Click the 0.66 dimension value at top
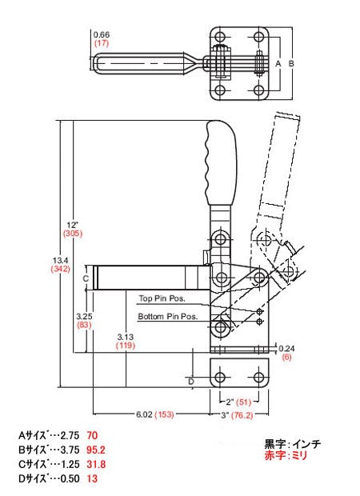pyautogui.click(x=102, y=34)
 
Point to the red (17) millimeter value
pyautogui.click(x=102, y=43)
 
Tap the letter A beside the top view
pyautogui.click(x=278, y=63)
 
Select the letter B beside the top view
pyautogui.click(x=291, y=63)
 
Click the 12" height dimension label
pyautogui.click(x=72, y=226)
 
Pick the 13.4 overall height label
pyautogui.click(x=61, y=261)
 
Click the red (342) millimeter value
pyautogui.click(x=60, y=269)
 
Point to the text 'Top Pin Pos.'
pyautogui.click(x=162, y=298)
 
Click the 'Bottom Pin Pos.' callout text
pyautogui.click(x=168, y=316)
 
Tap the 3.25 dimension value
pyautogui.click(x=84, y=316)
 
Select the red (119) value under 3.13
pyautogui.click(x=126, y=345)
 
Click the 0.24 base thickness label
pyautogui.click(x=286, y=349)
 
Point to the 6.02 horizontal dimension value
pyautogui.click(x=144, y=414)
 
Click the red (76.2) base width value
pyautogui.click(x=242, y=415)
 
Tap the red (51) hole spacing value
pyautogui.click(x=243, y=402)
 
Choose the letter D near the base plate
pyautogui.click(x=191, y=382)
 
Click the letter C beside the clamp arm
pyautogui.click(x=86, y=278)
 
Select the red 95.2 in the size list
pyautogui.click(x=96, y=450)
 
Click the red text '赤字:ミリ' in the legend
pyautogui.click(x=286, y=456)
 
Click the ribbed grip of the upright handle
pyautogui.click(x=222, y=162)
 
